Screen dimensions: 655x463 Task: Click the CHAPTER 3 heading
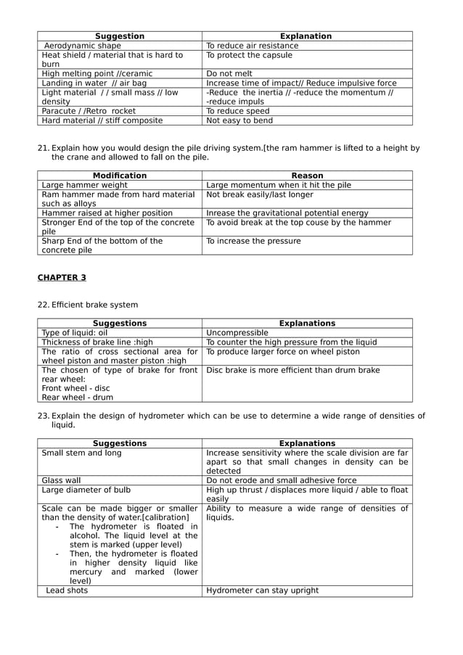pyautogui.click(x=62, y=277)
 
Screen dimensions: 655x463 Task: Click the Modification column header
pyautogui.click(x=120, y=176)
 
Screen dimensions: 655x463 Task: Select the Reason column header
pyautogui.click(x=307, y=176)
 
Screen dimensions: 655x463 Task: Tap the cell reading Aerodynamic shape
pyautogui.click(x=83, y=46)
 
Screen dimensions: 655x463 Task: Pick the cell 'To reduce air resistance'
pyautogui.click(x=252, y=46)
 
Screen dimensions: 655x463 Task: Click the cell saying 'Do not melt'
pyautogui.click(x=229, y=73)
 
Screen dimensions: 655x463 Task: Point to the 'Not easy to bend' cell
pyautogui.click(x=239, y=120)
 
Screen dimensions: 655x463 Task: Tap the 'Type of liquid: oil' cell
pyautogui.click(x=75, y=333)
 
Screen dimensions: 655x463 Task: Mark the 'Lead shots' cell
pyautogui.click(x=67, y=590)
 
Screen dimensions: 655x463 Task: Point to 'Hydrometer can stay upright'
pyautogui.click(x=262, y=590)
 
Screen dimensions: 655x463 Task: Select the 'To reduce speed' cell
pyautogui.click(x=238, y=111)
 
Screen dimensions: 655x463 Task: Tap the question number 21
pyautogui.click(x=43, y=148)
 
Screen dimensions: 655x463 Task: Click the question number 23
pyautogui.click(x=43, y=416)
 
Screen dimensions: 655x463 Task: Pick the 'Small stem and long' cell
pyautogui.click(x=82, y=453)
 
